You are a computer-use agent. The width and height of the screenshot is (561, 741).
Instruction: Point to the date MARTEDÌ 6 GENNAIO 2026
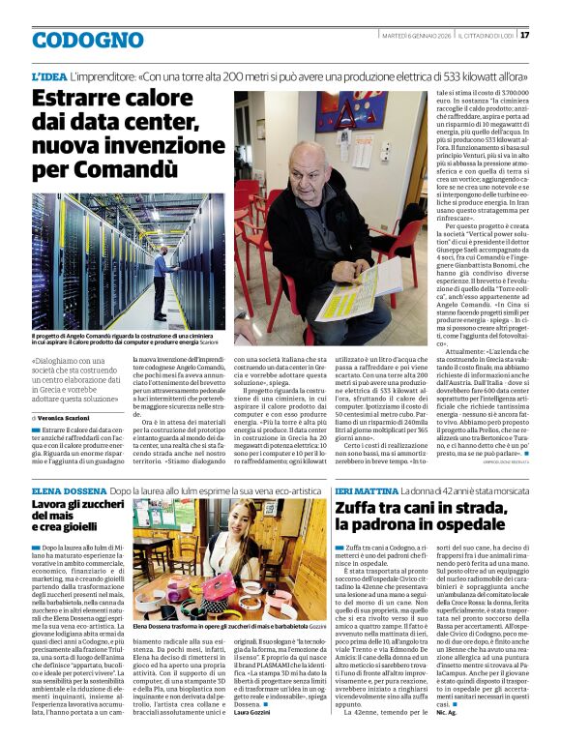[x=407, y=35]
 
